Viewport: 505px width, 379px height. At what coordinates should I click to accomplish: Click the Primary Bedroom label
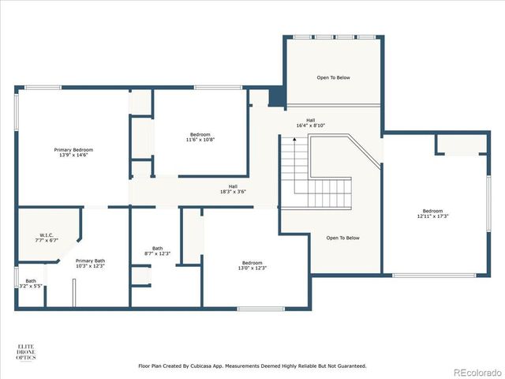pyautogui.click(x=73, y=150)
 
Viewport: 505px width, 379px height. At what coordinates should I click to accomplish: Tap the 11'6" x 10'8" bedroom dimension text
pyautogui.click(x=200, y=140)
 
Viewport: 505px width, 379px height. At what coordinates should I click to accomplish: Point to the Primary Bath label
pyautogui.click(x=90, y=261)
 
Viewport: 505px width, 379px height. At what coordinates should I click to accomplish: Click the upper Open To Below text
pyautogui.click(x=333, y=78)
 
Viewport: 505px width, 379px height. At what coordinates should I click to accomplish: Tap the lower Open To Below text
pyautogui.click(x=342, y=238)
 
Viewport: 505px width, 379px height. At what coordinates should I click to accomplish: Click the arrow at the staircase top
pyautogui.click(x=294, y=140)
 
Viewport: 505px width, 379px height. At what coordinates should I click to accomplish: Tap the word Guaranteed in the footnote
pyautogui.click(x=347, y=366)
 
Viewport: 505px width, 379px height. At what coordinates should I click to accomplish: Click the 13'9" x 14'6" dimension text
pyautogui.click(x=73, y=156)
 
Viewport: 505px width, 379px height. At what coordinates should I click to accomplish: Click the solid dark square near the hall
pyautogui.click(x=275, y=97)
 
